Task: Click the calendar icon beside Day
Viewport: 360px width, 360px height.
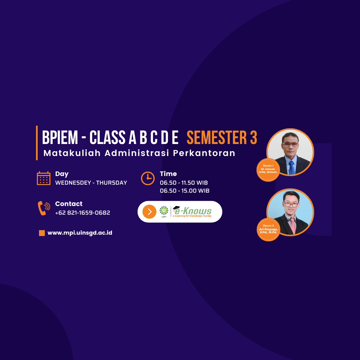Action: click(x=44, y=178)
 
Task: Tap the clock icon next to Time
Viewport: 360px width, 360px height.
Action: click(x=148, y=178)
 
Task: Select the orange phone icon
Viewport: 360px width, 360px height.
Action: click(x=44, y=208)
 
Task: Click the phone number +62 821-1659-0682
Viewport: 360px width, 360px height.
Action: click(x=83, y=213)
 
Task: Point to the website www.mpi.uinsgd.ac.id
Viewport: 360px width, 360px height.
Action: click(x=80, y=233)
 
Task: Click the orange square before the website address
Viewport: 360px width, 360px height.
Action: click(x=42, y=233)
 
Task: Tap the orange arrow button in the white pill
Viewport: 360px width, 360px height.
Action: click(x=149, y=212)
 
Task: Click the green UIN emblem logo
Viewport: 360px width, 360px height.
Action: click(x=164, y=212)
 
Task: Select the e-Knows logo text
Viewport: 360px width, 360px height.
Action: click(x=192, y=211)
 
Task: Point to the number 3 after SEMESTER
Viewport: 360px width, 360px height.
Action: click(x=253, y=138)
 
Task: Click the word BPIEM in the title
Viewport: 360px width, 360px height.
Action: click(x=60, y=138)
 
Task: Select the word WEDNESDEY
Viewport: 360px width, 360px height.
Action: click(x=73, y=183)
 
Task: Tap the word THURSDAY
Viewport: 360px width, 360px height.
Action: click(x=112, y=183)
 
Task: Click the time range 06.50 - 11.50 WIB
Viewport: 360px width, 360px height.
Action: click(x=184, y=183)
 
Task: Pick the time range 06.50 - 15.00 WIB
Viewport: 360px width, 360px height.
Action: click(x=185, y=191)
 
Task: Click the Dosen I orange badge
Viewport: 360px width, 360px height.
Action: click(x=268, y=170)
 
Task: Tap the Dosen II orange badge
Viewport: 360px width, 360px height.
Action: click(x=268, y=230)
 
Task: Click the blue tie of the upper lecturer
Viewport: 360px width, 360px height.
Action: click(x=292, y=168)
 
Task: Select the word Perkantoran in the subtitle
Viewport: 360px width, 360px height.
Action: click(x=204, y=153)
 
